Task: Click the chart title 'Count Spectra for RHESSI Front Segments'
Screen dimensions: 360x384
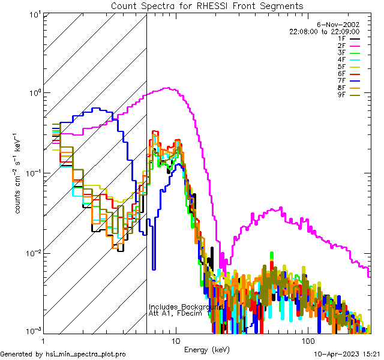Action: click(207, 6)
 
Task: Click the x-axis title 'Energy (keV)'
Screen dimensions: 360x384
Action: click(207, 349)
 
